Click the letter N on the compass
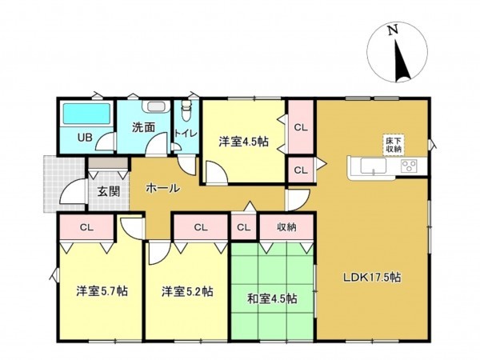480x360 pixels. coord(392,30)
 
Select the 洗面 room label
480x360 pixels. coord(143,126)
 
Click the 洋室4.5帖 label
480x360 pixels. coord(243,142)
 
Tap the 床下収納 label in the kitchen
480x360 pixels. coord(394,144)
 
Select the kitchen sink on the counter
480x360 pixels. coord(374,166)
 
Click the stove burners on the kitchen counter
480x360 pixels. coord(410,166)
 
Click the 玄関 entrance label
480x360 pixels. coord(109,191)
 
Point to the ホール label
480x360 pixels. coord(162,189)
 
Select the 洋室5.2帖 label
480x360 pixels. coord(186,291)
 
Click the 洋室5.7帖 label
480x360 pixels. coord(102,291)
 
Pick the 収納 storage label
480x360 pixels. coord(286,227)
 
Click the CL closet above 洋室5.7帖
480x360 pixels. coord(86,227)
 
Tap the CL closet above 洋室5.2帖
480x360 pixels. coord(200,227)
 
